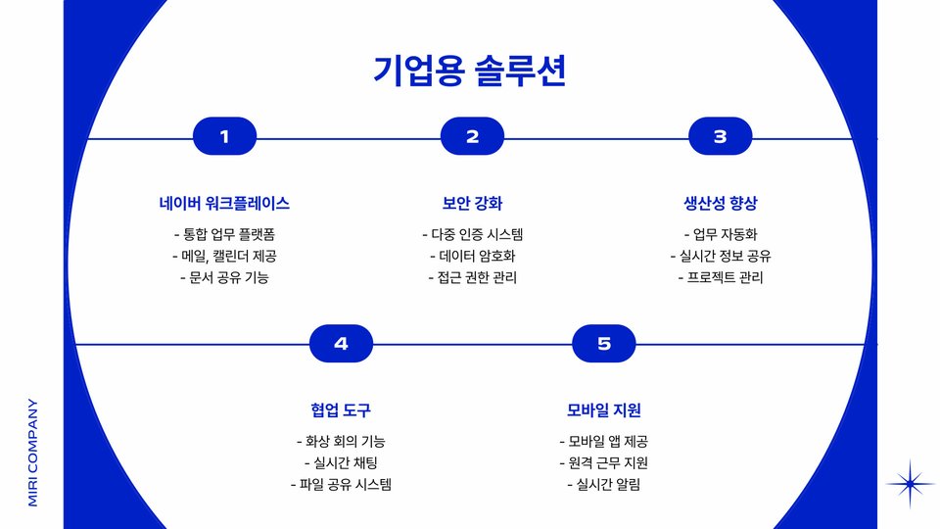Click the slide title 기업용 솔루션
coord(470,72)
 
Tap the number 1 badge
coord(224,137)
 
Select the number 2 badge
coord(472,137)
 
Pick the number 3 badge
coord(720,137)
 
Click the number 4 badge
coord(341,344)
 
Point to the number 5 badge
coord(604,344)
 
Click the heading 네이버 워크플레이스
coord(224,204)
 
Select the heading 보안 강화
coord(472,204)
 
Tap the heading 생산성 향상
coord(721,204)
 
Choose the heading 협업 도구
coord(341,410)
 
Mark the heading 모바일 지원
coord(604,410)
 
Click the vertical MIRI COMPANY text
coord(32,452)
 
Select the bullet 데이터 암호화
coord(472,256)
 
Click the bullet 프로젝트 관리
coord(721,277)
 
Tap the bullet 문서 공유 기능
coord(224,277)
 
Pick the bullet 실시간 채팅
coord(341,462)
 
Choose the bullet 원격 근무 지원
coord(603,462)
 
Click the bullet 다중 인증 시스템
coord(472,234)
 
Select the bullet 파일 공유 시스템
coord(341,484)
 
